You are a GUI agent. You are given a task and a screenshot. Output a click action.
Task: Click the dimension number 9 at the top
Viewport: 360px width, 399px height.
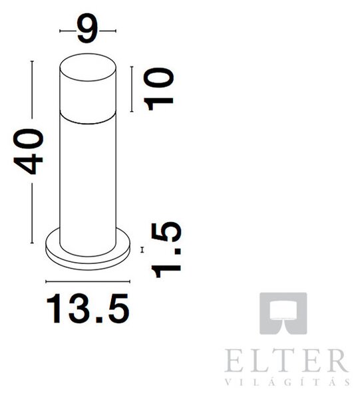[88, 28]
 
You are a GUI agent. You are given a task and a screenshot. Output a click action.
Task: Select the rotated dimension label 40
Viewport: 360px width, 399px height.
[28, 152]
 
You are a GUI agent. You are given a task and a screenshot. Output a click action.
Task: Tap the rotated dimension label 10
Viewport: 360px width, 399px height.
[158, 89]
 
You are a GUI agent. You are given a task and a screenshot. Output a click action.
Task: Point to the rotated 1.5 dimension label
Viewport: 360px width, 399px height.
[166, 249]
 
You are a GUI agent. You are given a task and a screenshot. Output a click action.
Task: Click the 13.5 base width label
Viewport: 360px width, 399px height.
[88, 309]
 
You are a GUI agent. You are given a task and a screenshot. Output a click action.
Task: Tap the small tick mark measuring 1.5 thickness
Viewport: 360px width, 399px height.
[142, 250]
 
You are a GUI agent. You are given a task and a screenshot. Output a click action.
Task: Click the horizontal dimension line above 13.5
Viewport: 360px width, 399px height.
[88, 281]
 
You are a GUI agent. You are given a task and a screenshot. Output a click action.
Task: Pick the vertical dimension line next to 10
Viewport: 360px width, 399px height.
[132, 89]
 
